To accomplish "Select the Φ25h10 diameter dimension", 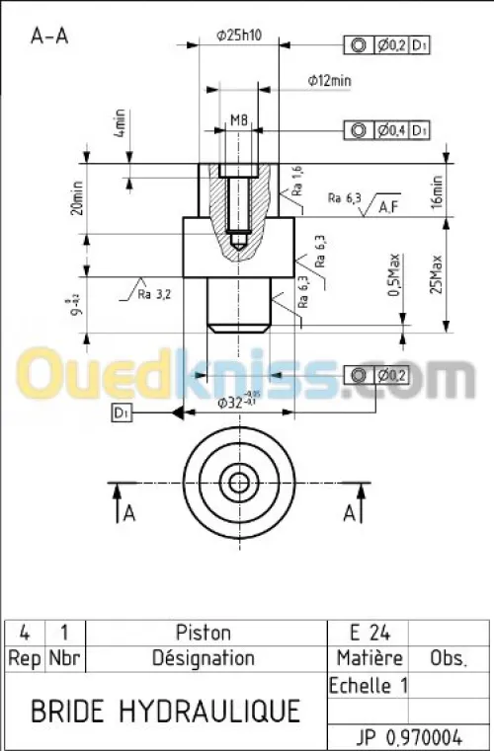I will point(238,36).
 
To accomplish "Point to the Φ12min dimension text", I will point(329,81).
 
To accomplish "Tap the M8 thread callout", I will point(238,120).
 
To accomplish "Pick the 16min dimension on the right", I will point(436,190).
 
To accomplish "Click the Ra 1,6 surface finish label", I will point(296,183).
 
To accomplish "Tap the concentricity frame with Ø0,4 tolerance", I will point(387,130).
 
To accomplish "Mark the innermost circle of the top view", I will point(238,483).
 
